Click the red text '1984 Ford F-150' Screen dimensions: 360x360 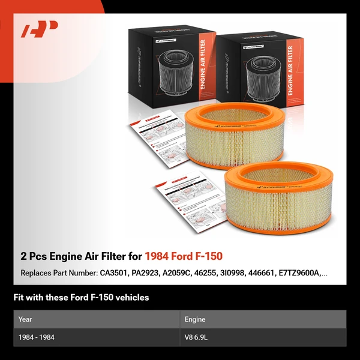[184, 256]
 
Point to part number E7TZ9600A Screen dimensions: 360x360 [298, 273]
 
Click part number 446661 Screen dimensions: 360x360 [262, 273]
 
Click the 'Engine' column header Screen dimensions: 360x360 [196, 319]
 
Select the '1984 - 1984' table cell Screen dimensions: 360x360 [37, 337]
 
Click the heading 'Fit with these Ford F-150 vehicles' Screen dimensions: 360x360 [81, 297]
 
